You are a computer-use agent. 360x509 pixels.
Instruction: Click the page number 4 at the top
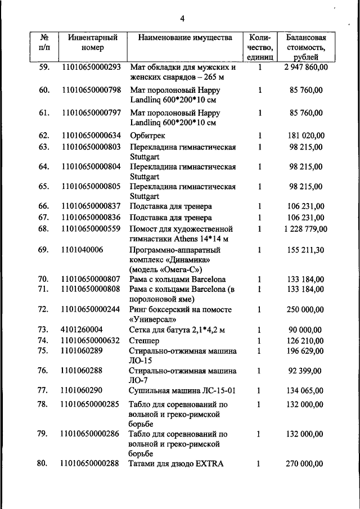pyautogui.click(x=182, y=19)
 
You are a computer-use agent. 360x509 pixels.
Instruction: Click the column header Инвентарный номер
pyautogui.click(x=92, y=43)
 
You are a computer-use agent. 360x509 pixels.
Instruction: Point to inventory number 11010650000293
pyautogui.click(x=92, y=67)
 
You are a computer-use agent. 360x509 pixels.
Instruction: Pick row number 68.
pyautogui.click(x=43, y=229)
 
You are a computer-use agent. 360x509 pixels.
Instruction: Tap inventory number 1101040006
pyautogui.click(x=82, y=250)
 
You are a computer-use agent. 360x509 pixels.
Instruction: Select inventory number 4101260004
pyautogui.click(x=82, y=329)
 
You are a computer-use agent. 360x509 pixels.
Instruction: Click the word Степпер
pyautogui.click(x=145, y=340)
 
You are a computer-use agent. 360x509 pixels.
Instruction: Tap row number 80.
pyautogui.click(x=43, y=463)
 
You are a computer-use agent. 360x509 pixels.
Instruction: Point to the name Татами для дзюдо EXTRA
pyautogui.click(x=177, y=463)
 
